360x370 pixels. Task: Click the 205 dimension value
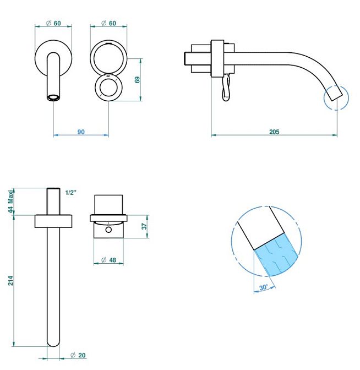(274, 132)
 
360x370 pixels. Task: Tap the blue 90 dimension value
(81, 132)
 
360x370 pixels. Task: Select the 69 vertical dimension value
(137, 80)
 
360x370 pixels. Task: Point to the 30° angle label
(264, 287)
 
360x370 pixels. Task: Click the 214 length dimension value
(10, 280)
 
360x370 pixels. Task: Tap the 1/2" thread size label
(71, 193)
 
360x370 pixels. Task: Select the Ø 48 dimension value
(109, 260)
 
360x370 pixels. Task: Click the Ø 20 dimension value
(78, 355)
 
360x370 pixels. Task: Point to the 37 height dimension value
(144, 226)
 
